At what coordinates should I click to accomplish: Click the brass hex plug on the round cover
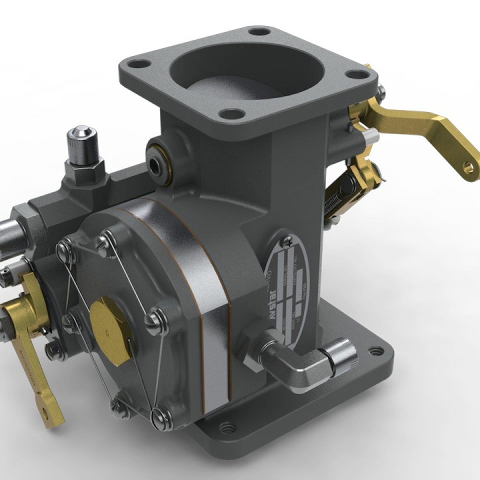111,320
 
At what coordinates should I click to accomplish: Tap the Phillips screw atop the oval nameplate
286,241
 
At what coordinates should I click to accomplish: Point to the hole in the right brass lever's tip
468,166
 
